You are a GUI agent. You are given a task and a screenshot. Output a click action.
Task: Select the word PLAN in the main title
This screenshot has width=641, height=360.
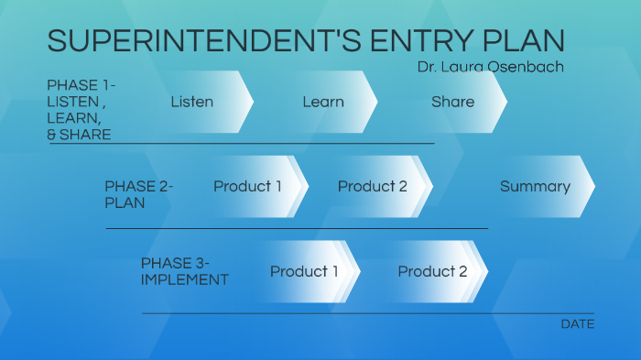[x=522, y=41]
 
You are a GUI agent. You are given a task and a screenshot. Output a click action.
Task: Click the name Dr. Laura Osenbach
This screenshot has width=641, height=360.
[x=491, y=67]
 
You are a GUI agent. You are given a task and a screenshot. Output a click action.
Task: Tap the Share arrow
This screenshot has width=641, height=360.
[x=453, y=102]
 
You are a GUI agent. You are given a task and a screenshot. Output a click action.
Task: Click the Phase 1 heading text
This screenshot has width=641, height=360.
[x=81, y=110]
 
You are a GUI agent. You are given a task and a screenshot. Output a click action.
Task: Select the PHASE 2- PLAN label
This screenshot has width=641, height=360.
[x=138, y=194]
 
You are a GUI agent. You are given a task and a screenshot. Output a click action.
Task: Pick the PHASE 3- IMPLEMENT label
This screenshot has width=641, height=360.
[x=184, y=271]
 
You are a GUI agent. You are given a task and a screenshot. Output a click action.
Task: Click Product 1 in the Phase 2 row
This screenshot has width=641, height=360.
[x=248, y=187]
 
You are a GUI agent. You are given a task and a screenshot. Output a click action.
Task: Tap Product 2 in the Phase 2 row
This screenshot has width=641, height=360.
[x=373, y=187]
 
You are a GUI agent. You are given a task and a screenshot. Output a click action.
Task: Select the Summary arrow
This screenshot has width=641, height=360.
[x=536, y=187]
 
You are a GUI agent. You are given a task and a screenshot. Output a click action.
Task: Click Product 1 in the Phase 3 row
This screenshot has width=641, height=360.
[x=304, y=272]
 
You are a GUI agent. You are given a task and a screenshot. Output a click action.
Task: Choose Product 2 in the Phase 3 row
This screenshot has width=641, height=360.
[x=432, y=272]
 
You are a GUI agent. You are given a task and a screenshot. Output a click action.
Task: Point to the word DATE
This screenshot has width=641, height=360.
[x=577, y=324]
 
